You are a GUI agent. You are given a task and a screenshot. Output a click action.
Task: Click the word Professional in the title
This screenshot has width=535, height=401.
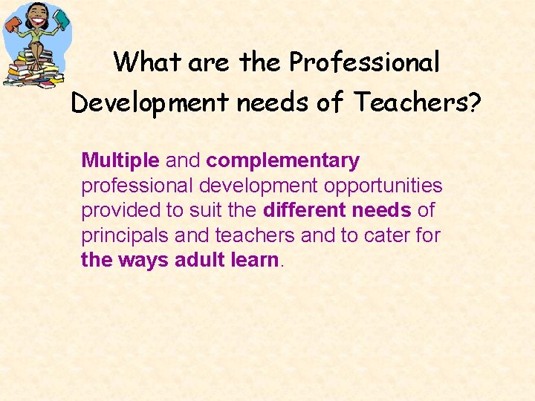365,63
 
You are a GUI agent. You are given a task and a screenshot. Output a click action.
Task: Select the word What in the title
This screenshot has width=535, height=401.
148,62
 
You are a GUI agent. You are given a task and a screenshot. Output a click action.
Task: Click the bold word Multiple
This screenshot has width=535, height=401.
120,160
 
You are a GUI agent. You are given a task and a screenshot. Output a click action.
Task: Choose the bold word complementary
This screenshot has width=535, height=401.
283,161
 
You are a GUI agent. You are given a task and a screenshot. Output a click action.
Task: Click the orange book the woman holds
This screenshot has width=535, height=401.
13,25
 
